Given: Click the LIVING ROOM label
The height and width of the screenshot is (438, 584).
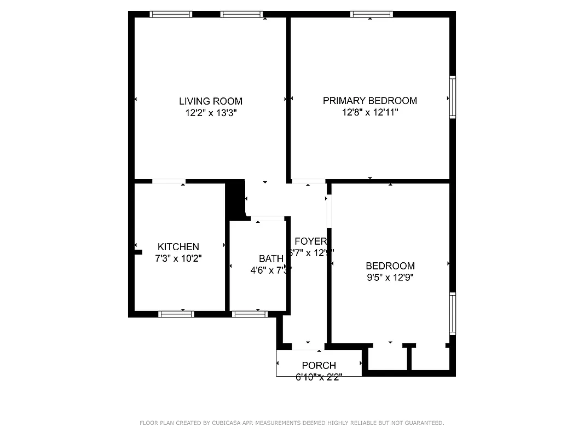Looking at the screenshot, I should pos(210,101).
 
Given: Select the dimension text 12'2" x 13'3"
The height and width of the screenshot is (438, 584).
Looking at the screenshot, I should pos(210,113).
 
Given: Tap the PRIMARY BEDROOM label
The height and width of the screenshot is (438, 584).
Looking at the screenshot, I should pos(369,101).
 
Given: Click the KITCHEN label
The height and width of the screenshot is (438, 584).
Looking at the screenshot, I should pos(178,247).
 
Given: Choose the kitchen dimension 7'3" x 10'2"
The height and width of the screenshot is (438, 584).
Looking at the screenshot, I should pos(178,258).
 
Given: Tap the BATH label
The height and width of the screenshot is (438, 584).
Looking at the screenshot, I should pos(271,258).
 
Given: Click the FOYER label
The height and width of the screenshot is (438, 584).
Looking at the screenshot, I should pos(310,241).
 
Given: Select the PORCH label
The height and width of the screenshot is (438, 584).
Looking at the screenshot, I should pos(319,365).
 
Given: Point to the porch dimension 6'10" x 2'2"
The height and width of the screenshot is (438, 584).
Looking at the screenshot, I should pos(319,377).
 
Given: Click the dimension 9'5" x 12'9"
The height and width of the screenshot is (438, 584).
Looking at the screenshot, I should pos(390,278).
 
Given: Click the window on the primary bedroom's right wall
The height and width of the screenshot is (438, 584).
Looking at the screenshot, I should pos(453,97).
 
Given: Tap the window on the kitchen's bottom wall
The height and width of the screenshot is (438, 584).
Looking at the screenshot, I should pos(176,314).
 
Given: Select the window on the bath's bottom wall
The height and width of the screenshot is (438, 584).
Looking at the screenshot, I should pos(249,314).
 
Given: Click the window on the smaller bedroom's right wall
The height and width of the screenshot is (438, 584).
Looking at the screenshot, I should pos(453,314).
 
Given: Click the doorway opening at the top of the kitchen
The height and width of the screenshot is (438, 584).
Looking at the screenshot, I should pos(169,181).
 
